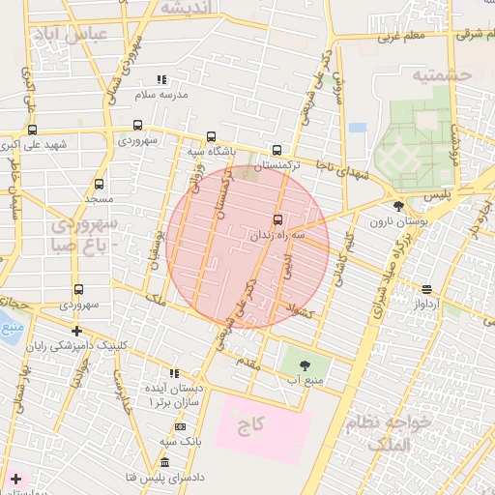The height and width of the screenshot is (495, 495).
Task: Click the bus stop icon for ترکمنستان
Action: click(277, 150)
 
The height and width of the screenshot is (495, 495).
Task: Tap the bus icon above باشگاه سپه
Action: click(212, 136)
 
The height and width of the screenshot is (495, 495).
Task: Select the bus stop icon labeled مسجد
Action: click(99, 184)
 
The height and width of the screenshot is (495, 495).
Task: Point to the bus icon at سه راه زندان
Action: click(278, 219)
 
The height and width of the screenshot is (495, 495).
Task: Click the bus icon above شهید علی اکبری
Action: click(33, 130)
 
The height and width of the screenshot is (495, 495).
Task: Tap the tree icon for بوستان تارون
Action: click(398, 206)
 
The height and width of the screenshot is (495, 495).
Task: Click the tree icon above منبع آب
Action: click(306, 364)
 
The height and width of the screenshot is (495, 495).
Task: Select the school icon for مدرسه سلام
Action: click(160, 79)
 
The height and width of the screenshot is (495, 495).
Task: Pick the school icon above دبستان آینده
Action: click(174, 372)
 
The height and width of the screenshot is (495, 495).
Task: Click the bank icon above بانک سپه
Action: click(180, 426)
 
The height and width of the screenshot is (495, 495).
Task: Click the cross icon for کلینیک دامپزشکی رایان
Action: click(76, 330)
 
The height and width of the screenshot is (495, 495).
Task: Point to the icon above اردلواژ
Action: click(426, 289)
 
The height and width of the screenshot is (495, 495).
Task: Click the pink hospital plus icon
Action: click(15, 479)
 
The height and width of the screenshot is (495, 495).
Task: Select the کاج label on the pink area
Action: click(251, 425)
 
